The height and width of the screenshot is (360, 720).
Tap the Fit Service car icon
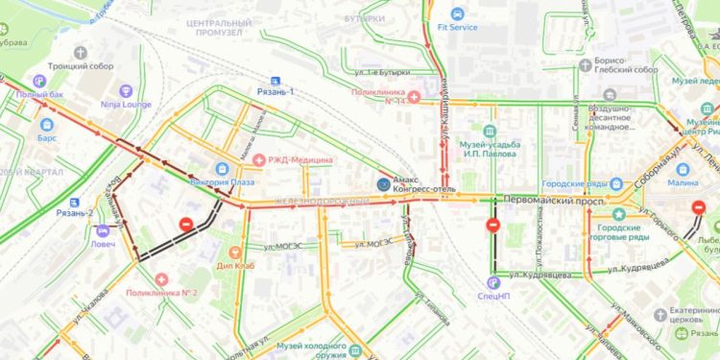point(457,13)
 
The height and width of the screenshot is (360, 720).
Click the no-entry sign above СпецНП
point(493,227)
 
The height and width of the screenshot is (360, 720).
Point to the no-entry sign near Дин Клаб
point(186,225)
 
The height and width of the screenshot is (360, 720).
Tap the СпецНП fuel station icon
point(492,282)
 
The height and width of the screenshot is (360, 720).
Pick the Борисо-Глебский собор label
point(620,70)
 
